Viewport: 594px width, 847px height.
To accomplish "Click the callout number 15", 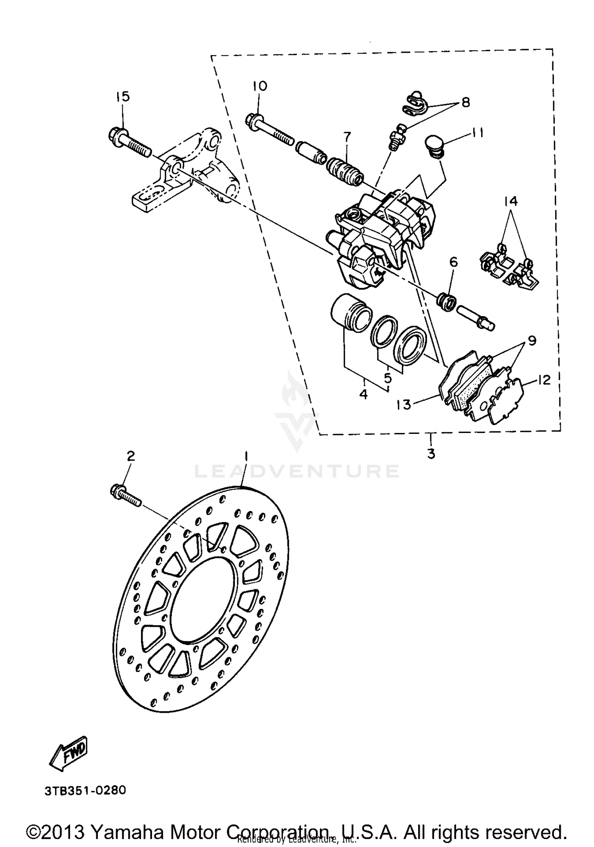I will (123, 96).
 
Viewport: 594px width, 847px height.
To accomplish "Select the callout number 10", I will (260, 86).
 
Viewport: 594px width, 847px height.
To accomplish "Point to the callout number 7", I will (347, 137).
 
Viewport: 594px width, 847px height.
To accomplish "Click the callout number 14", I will (511, 201).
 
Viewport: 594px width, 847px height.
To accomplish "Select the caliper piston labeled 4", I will (350, 314).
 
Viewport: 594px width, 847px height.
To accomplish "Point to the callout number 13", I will (404, 405).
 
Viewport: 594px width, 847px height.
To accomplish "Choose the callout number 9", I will (531, 340).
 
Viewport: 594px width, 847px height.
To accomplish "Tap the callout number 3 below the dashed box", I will (431, 453).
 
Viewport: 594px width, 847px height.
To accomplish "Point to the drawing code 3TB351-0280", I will (85, 790).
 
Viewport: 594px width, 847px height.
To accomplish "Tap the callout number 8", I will (465, 102).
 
